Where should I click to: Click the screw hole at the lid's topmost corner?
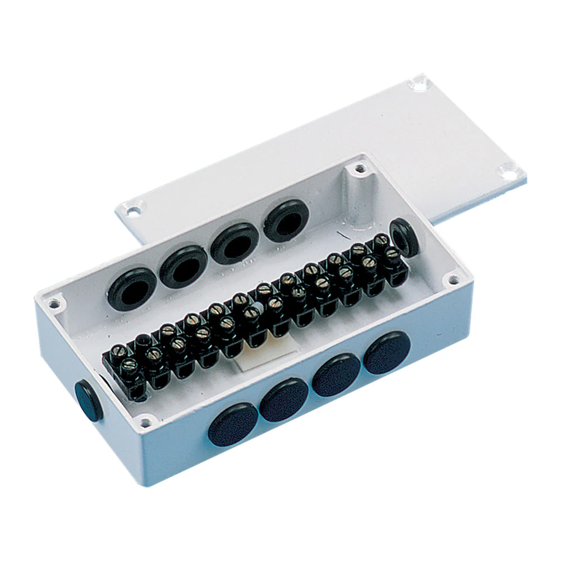417,85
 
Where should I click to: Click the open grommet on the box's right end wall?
403,235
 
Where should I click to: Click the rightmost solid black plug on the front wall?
388,352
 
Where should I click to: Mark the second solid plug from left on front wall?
284,400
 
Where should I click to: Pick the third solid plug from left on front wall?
337,375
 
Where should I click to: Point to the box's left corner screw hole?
54,303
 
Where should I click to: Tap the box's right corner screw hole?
449,279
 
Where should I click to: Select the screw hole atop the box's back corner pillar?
355,168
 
